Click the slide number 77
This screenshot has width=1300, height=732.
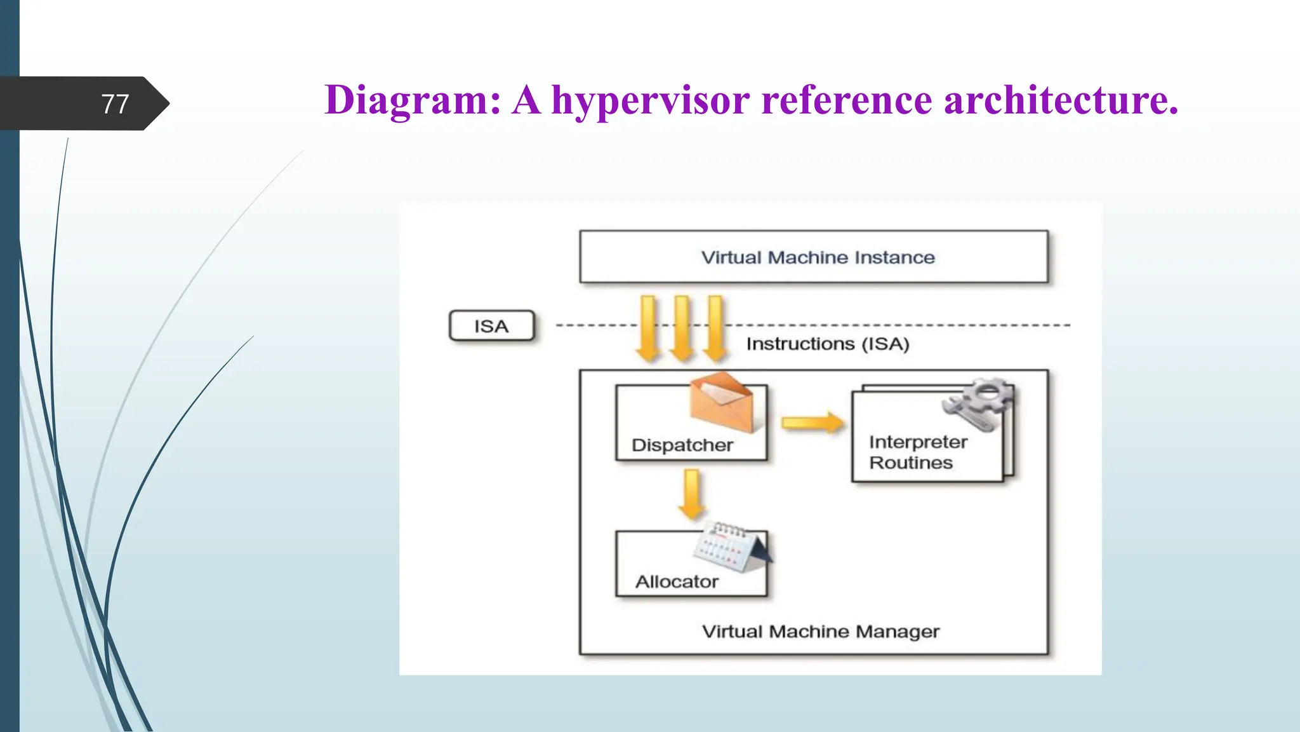click(115, 104)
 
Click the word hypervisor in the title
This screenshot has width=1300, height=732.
click(650, 100)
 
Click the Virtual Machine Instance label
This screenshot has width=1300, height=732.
click(818, 257)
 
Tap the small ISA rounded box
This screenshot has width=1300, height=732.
click(492, 326)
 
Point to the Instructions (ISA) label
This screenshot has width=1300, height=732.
click(828, 344)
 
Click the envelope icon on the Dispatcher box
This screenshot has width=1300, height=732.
click(722, 402)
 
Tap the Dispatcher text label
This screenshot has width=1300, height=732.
click(682, 445)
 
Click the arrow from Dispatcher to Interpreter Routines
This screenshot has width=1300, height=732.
click(812, 423)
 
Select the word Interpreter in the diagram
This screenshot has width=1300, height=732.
click(918, 442)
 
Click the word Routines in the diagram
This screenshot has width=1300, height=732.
click(911, 463)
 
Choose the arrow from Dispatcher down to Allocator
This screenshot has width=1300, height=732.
click(691, 494)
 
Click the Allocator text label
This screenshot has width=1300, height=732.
click(677, 581)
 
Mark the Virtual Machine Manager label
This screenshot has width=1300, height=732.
click(820, 632)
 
